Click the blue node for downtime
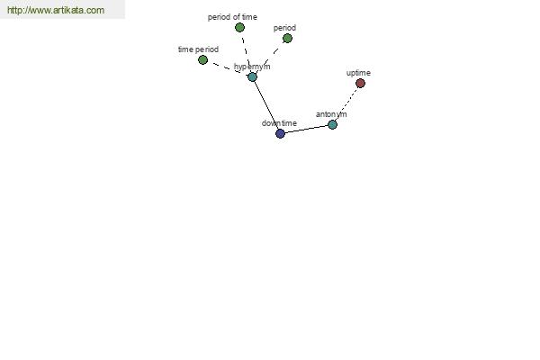280,134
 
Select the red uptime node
360,84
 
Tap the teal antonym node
332,125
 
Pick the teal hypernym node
252,77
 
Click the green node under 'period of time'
239,28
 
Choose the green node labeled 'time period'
202,60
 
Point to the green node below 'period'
288,38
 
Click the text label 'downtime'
279,123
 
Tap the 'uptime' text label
358,73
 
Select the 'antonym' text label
331,114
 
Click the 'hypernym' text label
252,67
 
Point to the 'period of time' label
232,17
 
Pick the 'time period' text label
198,49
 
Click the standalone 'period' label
284,28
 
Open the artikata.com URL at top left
56,10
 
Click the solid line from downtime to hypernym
266,105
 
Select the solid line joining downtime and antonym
307,130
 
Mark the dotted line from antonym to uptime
346,104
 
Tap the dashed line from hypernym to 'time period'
228,68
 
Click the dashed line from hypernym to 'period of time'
246,52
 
